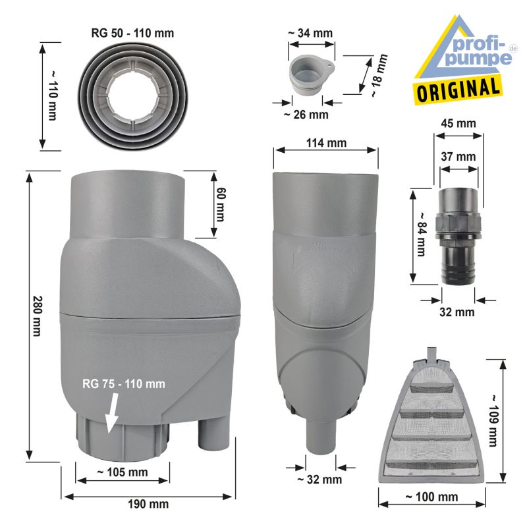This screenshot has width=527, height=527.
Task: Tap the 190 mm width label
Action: (149, 504)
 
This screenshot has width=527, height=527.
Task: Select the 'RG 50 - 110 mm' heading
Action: (128, 32)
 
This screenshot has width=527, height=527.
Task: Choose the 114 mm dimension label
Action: (327, 144)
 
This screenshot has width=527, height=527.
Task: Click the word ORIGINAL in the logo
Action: (457, 87)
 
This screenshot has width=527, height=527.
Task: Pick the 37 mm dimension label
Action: (457, 157)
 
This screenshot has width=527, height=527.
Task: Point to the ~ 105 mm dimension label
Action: (123, 472)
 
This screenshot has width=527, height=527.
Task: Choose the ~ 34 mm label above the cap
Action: (310, 32)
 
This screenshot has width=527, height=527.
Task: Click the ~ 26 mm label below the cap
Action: (306, 115)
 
